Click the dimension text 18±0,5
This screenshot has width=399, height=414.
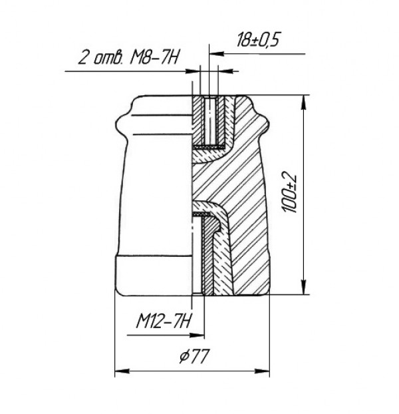(257, 40)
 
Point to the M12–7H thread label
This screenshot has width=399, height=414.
(164, 321)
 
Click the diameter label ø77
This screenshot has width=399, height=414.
(194, 355)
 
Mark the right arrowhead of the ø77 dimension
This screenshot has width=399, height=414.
(262, 371)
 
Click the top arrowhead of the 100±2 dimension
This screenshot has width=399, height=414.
(304, 103)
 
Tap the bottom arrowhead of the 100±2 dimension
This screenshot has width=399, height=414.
(304, 287)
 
